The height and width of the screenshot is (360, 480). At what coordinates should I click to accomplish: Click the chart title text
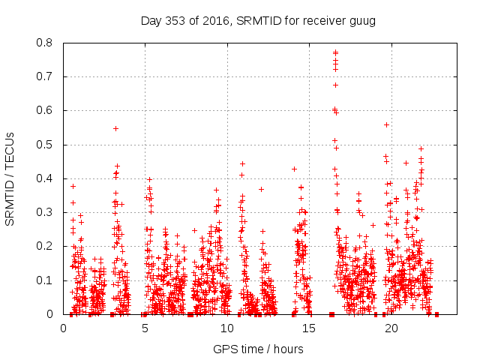[x=258, y=19]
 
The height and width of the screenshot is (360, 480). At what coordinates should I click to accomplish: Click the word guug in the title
[x=362, y=19]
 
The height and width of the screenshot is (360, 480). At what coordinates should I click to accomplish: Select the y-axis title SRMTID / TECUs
[x=10, y=178]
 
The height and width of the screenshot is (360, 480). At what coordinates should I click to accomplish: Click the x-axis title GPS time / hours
[x=258, y=349]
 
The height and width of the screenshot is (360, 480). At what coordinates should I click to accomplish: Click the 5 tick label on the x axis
[x=145, y=328]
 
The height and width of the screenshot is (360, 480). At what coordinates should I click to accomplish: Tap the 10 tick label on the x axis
[x=226, y=328]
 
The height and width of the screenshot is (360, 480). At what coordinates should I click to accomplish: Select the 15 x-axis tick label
[x=308, y=328]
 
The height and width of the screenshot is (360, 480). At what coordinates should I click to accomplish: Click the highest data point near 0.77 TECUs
[x=335, y=52]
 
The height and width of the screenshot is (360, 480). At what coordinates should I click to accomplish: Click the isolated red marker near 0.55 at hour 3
[x=115, y=128]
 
